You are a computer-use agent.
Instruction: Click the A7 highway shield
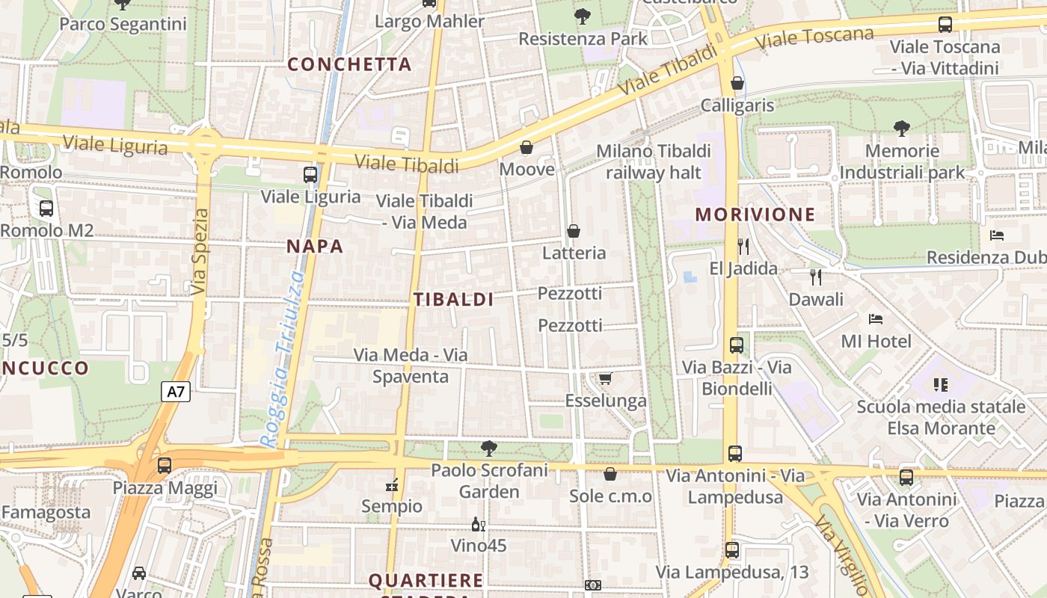[x=175, y=391]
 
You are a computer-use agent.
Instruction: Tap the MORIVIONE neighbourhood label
[x=755, y=215]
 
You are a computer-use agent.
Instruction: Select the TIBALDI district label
[x=453, y=300]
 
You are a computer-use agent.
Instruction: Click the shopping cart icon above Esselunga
[x=605, y=379]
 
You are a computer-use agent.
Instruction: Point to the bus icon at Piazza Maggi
[x=165, y=465]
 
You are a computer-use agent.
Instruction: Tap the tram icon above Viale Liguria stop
[x=310, y=175]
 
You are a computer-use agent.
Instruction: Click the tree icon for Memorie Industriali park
[x=902, y=129]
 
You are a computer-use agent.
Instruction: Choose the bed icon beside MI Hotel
[x=876, y=319]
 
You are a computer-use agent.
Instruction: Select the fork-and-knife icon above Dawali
[x=816, y=277]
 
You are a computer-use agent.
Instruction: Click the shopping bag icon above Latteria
[x=574, y=231]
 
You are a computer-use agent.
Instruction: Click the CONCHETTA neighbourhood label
[x=349, y=64]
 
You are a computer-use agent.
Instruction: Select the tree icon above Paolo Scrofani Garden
[x=489, y=449]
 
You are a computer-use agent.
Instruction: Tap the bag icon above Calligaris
[x=737, y=83]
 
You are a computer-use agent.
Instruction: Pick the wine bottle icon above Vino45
[x=479, y=524]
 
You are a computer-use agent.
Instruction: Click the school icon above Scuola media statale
[x=941, y=385]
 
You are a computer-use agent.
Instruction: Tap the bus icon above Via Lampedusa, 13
[x=732, y=550]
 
